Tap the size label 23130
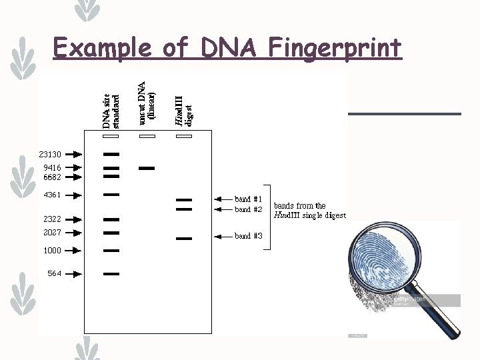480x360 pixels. point(50,155)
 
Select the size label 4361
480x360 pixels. point(51,195)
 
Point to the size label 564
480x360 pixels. point(54,273)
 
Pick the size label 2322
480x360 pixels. point(51,219)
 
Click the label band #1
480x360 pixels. point(248,199)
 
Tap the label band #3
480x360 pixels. point(248,236)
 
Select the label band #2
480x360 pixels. point(248,209)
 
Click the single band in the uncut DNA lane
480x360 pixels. point(147,168)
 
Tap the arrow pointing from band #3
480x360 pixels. point(223,236)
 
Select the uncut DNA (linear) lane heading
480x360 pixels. point(147,103)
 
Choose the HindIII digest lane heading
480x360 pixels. point(183,110)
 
